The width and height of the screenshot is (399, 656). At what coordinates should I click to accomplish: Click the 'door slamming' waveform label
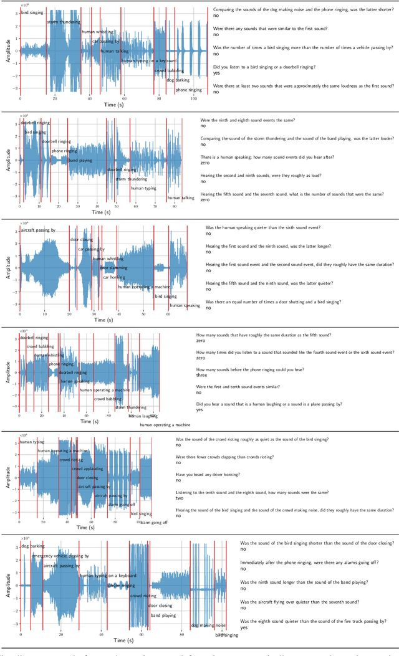113,268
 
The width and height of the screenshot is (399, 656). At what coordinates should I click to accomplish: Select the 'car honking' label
115,277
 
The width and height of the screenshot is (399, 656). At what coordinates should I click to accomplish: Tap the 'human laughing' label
143,416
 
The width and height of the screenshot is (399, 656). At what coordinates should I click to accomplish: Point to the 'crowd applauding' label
87,468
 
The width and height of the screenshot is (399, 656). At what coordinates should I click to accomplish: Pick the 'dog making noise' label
208,625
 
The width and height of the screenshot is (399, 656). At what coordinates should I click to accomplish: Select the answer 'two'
179,498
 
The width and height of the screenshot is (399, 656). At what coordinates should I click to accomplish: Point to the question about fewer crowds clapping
225,457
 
